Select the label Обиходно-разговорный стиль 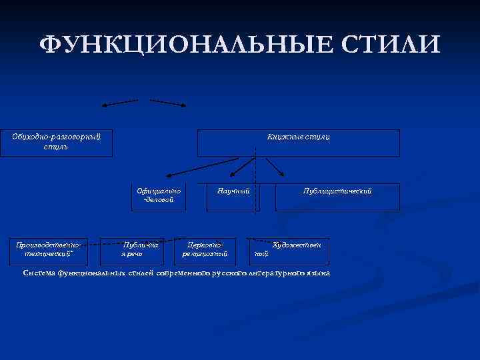pos(56,141)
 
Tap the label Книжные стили pos(298,137)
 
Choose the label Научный pos(233,191)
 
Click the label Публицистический pos(337,191)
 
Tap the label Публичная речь pos(139,249)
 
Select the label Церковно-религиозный pos(205,249)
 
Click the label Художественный pos(289,249)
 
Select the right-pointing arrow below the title pos(168,103)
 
